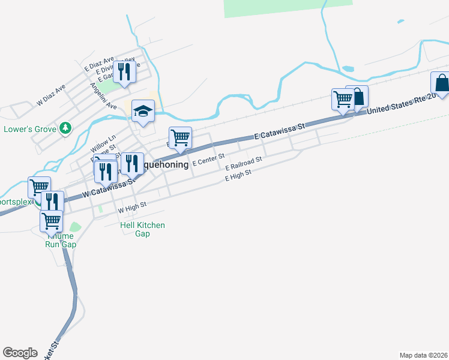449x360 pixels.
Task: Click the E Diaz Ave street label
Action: (99, 65)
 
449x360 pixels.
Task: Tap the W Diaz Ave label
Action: (51, 95)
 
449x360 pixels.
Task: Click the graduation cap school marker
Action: (143, 111)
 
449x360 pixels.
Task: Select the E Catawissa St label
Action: (280, 132)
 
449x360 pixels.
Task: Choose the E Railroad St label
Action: (244, 163)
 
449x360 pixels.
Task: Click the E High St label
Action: (238, 175)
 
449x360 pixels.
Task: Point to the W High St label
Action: (132, 208)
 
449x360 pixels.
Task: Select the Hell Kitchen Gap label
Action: (142, 229)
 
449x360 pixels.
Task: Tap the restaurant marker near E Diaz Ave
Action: (124, 72)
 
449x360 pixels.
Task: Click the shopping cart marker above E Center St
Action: (180, 138)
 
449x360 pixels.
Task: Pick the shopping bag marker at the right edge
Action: (441, 83)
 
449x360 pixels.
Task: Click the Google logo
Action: (20, 353)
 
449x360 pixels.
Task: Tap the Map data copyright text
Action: (423, 355)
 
